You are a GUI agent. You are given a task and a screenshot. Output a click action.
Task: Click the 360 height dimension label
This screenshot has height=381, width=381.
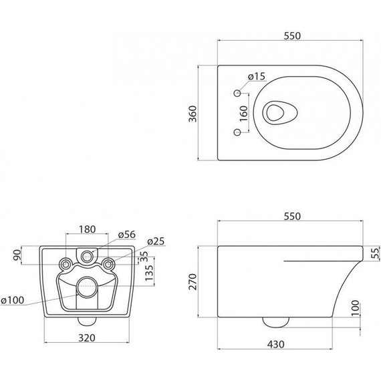click(193, 114)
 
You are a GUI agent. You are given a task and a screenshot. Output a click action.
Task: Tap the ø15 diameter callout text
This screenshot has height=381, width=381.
click(257, 77)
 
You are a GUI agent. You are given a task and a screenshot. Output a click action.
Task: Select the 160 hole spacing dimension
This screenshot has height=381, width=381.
click(243, 114)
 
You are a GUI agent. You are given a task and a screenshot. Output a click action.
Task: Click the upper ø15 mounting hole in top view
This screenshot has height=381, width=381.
click(237, 93)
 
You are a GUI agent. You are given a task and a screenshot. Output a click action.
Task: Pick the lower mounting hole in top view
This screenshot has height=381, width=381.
click(237, 132)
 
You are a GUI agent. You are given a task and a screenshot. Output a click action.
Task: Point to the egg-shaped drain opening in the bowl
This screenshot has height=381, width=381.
click(279, 113)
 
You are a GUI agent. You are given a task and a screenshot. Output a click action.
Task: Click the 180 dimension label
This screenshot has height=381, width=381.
click(88, 229)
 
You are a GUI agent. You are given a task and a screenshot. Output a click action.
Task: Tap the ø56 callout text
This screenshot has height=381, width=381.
click(126, 235)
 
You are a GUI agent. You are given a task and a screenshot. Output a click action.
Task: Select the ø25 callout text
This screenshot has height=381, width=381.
click(156, 241)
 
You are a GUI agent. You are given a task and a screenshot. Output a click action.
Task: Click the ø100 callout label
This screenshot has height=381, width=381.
click(13, 300)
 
